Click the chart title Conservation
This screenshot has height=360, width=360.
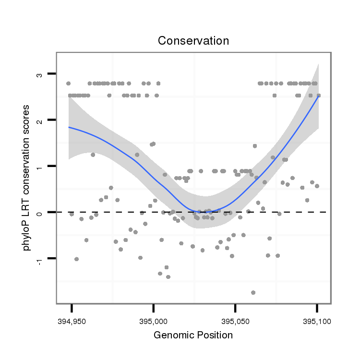pyautogui.click(x=193, y=41)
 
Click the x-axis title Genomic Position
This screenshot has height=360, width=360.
pyautogui.click(x=193, y=335)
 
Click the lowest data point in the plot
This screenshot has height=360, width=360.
pyautogui.click(x=253, y=292)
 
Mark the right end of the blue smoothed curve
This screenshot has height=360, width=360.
pyautogui.click(x=318, y=96)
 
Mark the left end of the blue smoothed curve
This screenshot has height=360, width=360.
pyautogui.click(x=69, y=127)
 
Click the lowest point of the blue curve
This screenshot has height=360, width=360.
pyautogui.click(x=204, y=212)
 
